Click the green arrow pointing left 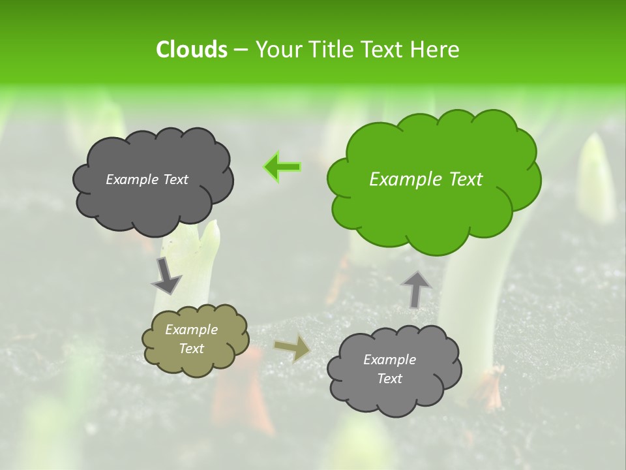click(283, 168)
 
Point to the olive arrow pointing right click(293, 348)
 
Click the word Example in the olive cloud click(191, 330)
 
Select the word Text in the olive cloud click(191, 349)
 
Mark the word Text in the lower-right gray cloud click(389, 379)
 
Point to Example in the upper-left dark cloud click(130, 180)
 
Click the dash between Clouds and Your click(241, 50)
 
